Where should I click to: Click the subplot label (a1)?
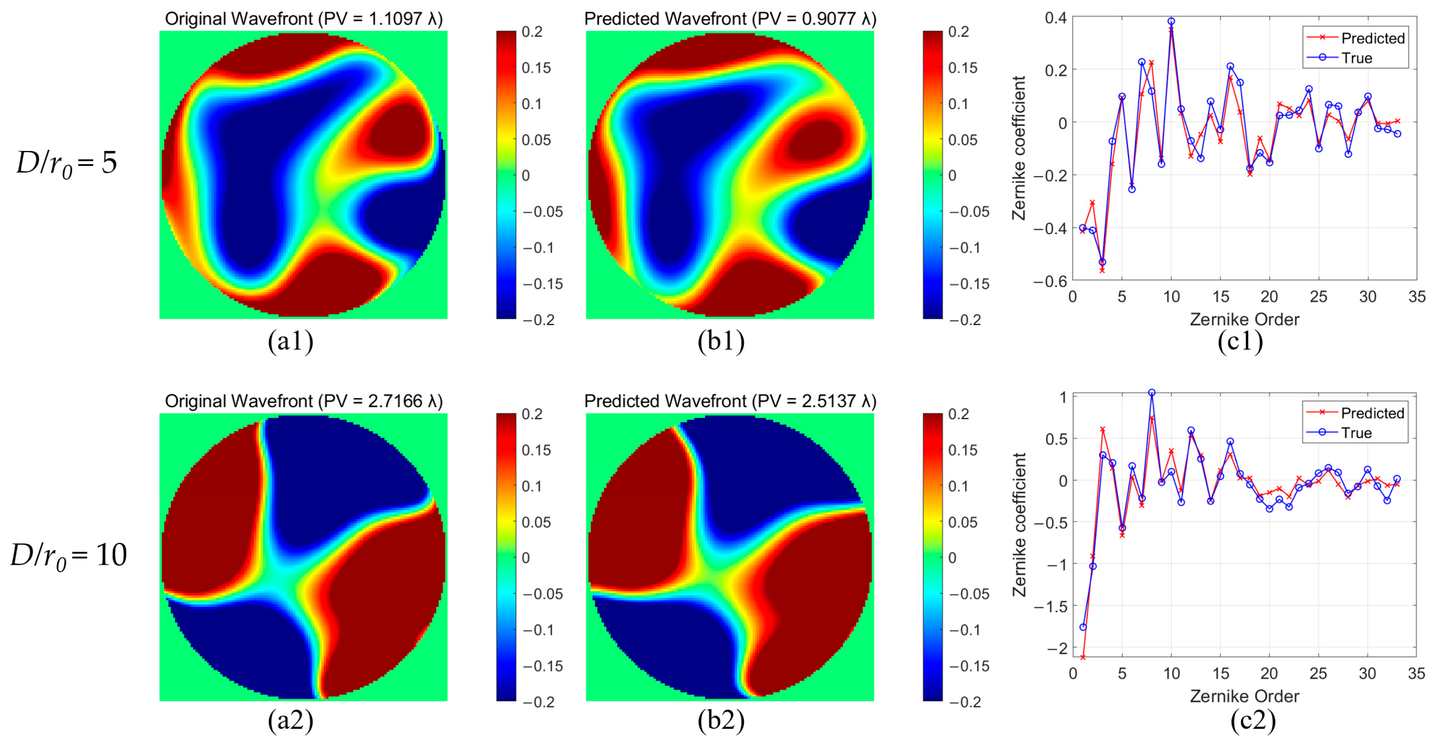tap(290, 341)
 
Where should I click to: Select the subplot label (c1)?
tap(1240, 341)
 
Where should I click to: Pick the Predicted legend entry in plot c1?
tap(1356, 38)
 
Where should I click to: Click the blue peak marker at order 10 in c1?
tap(1171, 21)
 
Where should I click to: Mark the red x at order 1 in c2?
tap(1083, 657)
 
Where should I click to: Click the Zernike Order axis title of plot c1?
tap(1244, 320)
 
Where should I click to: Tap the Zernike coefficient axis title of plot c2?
tap(1019, 524)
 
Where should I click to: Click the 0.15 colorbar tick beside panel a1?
tap(536, 68)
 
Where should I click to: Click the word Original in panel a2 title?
tap(196, 401)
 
